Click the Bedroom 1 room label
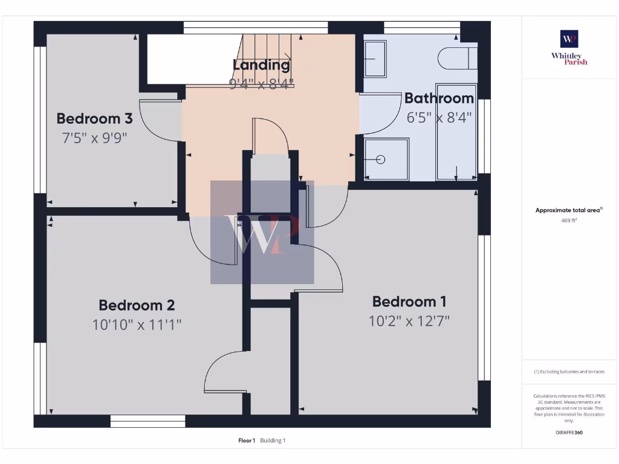click(409, 301)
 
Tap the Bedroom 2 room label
click(137, 305)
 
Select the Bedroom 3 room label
click(94, 118)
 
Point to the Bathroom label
click(439, 98)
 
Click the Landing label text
click(261, 65)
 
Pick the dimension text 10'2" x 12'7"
click(409, 321)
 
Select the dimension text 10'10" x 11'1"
click(137, 324)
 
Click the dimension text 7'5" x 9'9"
click(94, 138)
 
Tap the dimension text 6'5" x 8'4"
click(439, 117)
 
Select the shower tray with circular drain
click(386, 159)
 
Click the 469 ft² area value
click(569, 221)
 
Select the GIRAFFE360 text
click(569, 433)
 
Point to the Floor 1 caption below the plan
click(247, 440)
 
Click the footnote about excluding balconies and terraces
click(569, 372)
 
